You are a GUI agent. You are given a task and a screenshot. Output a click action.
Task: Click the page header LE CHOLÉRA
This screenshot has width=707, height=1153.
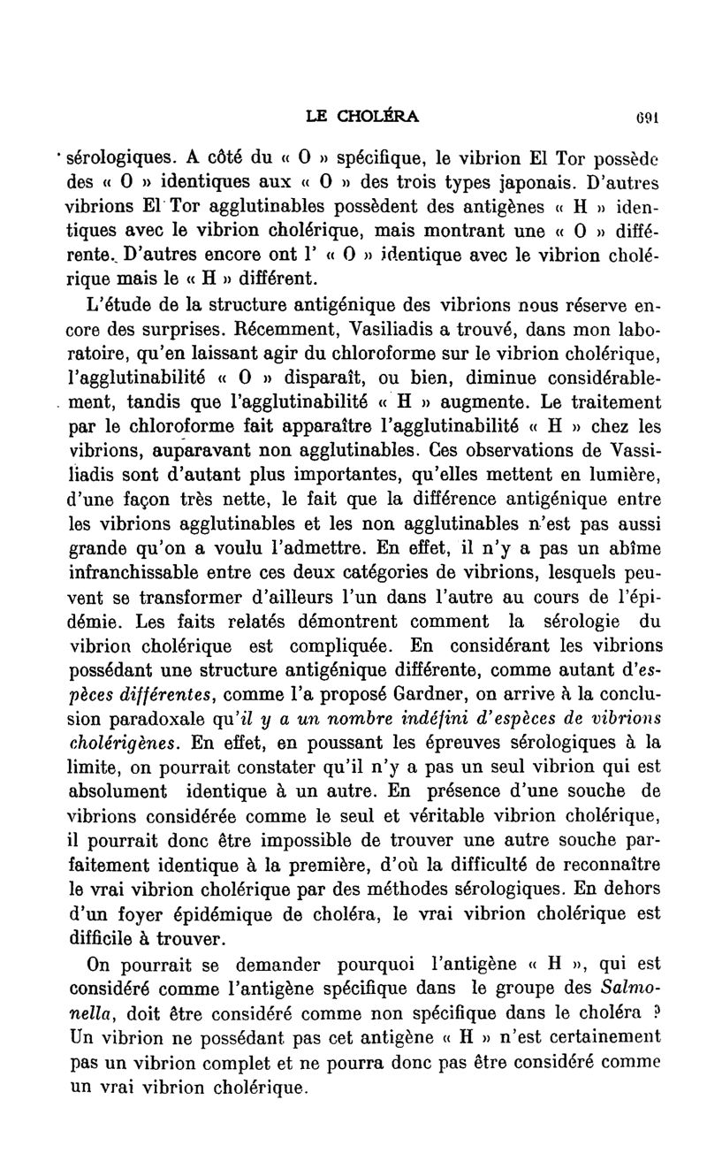362,115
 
